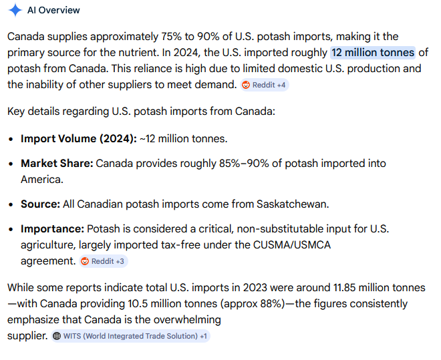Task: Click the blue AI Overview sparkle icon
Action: click(x=15, y=10)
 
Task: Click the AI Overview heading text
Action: click(x=54, y=10)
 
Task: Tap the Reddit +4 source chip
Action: click(x=265, y=85)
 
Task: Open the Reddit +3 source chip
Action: click(x=104, y=261)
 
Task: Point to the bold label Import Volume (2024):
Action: click(x=78, y=139)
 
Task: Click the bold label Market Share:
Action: click(x=57, y=164)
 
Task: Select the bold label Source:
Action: click(x=40, y=204)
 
